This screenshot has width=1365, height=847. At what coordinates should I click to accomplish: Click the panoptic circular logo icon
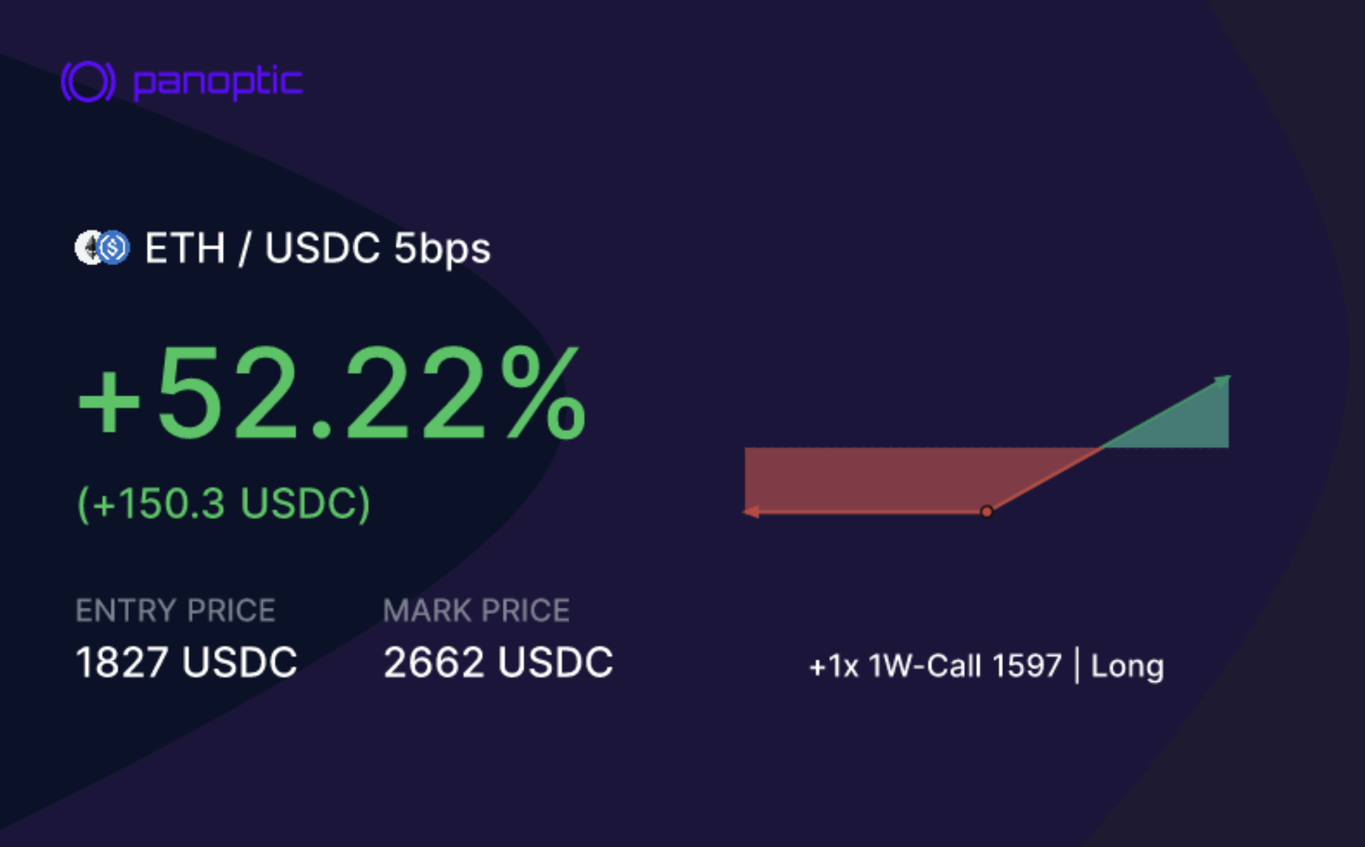coord(88,81)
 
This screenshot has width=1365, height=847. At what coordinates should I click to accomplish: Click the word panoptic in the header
coord(218,82)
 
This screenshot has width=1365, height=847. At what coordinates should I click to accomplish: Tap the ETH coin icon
coord(90,248)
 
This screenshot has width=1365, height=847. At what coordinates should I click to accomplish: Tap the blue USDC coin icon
coord(114,248)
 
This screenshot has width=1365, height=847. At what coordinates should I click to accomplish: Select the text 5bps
coord(442,249)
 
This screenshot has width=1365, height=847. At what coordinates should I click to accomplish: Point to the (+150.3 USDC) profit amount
coord(224,503)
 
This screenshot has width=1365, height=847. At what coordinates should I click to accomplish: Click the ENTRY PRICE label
coord(175,611)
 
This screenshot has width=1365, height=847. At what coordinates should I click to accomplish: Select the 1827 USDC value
coord(187,662)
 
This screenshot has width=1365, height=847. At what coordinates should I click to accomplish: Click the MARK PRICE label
coord(477,611)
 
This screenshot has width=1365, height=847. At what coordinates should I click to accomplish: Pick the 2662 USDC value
coord(498,662)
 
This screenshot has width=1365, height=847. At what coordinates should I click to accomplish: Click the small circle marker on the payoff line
coord(987,512)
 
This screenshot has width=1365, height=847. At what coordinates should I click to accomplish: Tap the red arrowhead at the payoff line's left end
coord(751,512)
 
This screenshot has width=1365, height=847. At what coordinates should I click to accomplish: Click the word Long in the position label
coord(1127,666)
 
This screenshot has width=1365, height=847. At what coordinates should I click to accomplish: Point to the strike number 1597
coord(1027,666)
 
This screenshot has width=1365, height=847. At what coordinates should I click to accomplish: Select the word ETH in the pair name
coord(185,248)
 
